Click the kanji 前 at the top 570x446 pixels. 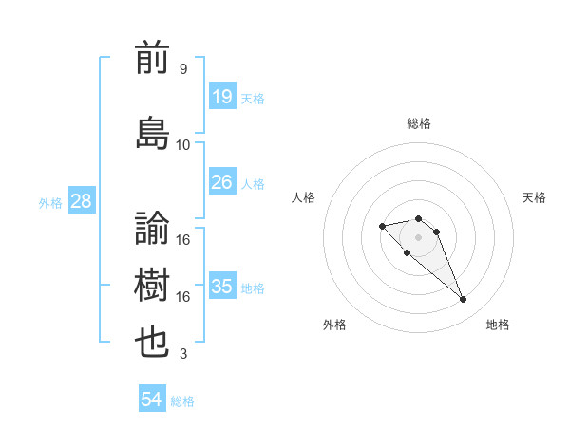pyautogui.click(x=153, y=60)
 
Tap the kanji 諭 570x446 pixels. pyautogui.click(x=153, y=227)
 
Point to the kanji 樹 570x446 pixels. pyautogui.click(x=153, y=285)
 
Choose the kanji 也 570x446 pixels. pyautogui.click(x=153, y=343)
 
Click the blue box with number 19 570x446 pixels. pyautogui.click(x=221, y=96)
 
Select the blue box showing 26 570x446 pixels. pyautogui.click(x=221, y=182)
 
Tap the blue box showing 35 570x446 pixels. pyautogui.click(x=221, y=287)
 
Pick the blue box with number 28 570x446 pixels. pyautogui.click(x=80, y=201)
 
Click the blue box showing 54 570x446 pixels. pyautogui.click(x=152, y=400)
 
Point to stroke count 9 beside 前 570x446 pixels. pyautogui.click(x=183, y=69)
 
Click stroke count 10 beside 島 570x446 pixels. pyautogui.click(x=183, y=144)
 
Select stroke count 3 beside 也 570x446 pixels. pyautogui.click(x=183, y=355)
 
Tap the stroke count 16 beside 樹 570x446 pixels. pyautogui.click(x=183, y=297)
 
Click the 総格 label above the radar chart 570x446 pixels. pyautogui.click(x=419, y=123)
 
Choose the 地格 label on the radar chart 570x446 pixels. pyautogui.click(x=498, y=325)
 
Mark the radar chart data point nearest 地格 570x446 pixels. pyautogui.click(x=463, y=300)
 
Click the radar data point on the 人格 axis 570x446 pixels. pyautogui.click(x=382, y=226)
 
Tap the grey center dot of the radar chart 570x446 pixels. pyautogui.click(x=418, y=236)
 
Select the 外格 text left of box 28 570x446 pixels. pyautogui.click(x=49, y=202)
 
